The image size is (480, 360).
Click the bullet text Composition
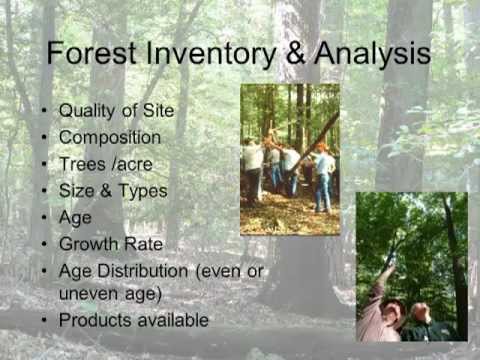(109, 137)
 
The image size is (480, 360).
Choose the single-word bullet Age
(75, 216)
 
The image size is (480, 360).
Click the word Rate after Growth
(143, 242)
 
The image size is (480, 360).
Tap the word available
(172, 320)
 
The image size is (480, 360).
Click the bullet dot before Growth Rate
(42, 243)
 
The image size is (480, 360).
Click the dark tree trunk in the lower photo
(455, 260)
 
